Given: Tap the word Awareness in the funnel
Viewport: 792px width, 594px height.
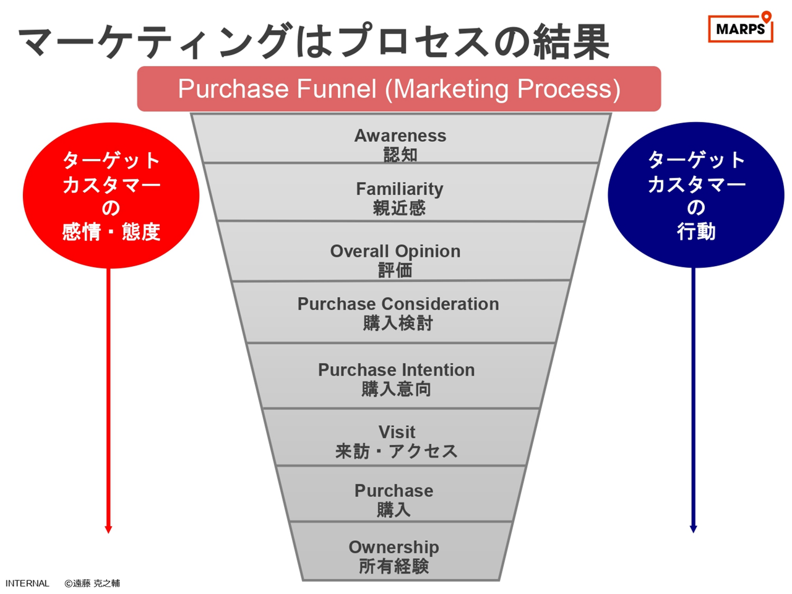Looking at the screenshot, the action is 400,136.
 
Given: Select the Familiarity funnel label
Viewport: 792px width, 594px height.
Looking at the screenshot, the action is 400,189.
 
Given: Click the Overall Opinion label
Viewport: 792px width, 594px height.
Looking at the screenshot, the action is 395,251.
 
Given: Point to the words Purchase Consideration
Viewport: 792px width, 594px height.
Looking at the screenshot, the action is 398,304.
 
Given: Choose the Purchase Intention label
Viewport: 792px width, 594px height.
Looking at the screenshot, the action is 396,369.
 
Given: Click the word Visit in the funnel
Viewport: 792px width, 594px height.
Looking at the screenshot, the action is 397,432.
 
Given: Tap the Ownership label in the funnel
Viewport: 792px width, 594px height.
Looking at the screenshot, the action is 394,548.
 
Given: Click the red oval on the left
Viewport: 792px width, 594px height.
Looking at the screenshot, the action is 111,196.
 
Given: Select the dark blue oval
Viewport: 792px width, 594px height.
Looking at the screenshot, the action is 695,195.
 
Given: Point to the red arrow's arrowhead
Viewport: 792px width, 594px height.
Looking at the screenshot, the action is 108,530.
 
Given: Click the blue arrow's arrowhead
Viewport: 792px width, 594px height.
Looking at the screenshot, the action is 693,529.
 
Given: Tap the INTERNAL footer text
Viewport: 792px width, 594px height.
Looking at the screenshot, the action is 27,583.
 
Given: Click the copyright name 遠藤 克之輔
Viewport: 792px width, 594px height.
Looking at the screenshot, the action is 97,583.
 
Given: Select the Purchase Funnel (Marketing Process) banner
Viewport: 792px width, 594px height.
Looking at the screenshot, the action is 399,88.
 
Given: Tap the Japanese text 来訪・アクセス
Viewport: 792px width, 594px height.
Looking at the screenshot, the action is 396,451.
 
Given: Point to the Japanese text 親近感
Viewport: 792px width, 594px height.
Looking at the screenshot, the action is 399,208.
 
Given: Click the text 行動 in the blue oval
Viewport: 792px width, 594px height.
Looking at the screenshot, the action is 696,231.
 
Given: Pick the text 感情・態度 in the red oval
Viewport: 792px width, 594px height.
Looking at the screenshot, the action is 111,231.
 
